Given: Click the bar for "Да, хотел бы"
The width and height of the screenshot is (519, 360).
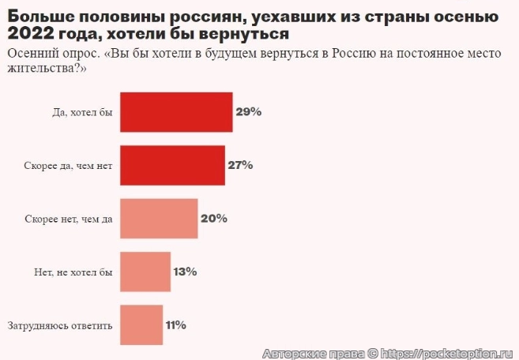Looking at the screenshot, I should (175, 112).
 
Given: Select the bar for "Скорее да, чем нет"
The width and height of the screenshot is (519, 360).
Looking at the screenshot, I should (171, 165).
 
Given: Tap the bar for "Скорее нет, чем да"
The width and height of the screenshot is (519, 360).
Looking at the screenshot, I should (158, 218).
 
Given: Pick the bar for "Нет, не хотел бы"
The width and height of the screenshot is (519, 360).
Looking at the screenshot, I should (145, 272).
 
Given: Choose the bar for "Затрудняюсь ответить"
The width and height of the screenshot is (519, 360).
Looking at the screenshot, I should (141, 324).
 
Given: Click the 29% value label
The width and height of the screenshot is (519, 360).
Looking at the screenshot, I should (248, 112).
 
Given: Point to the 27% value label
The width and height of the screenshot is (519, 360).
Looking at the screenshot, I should (240, 165).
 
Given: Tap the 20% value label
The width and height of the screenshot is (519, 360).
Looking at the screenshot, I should (214, 218).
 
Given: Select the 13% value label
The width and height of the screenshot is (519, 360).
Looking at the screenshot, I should (185, 272).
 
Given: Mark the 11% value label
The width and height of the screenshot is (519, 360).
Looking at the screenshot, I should (176, 324).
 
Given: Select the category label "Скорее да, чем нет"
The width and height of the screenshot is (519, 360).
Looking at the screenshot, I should (69, 166).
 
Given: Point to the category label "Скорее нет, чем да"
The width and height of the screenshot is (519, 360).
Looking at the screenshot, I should (69, 219).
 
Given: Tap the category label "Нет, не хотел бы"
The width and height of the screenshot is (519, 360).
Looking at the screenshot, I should (75, 272).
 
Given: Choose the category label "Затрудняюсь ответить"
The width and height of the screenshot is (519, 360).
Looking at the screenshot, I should (60, 325).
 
